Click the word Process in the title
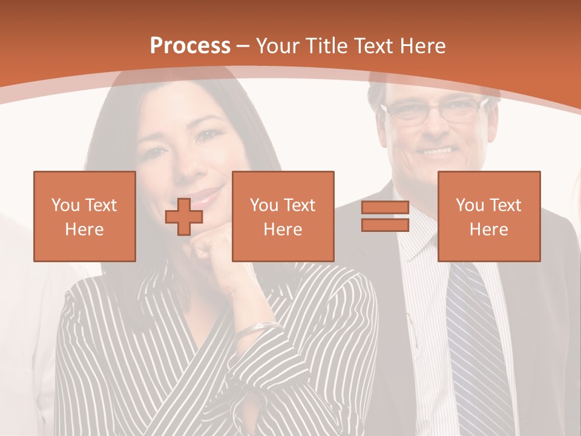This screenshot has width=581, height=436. click(x=190, y=46)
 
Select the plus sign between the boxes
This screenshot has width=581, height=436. click(x=184, y=217)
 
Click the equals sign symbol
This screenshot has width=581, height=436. click(x=385, y=216)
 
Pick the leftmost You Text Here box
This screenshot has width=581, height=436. click(x=85, y=216)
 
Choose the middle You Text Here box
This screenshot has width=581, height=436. click(x=283, y=216)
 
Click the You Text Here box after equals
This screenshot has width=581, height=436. click(x=488, y=216)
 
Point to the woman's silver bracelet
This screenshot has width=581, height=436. click(x=257, y=329)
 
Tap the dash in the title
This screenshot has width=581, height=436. click(x=243, y=46)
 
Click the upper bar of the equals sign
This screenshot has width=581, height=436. click(x=385, y=208)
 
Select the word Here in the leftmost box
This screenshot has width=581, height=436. click(x=85, y=229)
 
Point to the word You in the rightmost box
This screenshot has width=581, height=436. click(x=470, y=205)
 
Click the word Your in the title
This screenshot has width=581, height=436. click(x=278, y=46)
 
